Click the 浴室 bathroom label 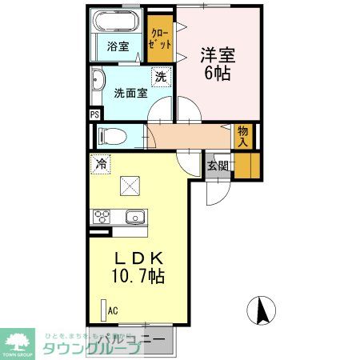[118, 46]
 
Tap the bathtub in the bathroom [118, 22]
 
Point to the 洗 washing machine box [160, 78]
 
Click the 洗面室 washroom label [129, 92]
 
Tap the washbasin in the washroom [98, 81]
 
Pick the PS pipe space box [95, 114]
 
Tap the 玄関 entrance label [217, 166]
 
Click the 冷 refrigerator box [102, 163]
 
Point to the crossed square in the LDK [130, 186]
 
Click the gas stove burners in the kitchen [102, 217]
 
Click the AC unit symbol [103, 310]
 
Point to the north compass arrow [264, 310]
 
